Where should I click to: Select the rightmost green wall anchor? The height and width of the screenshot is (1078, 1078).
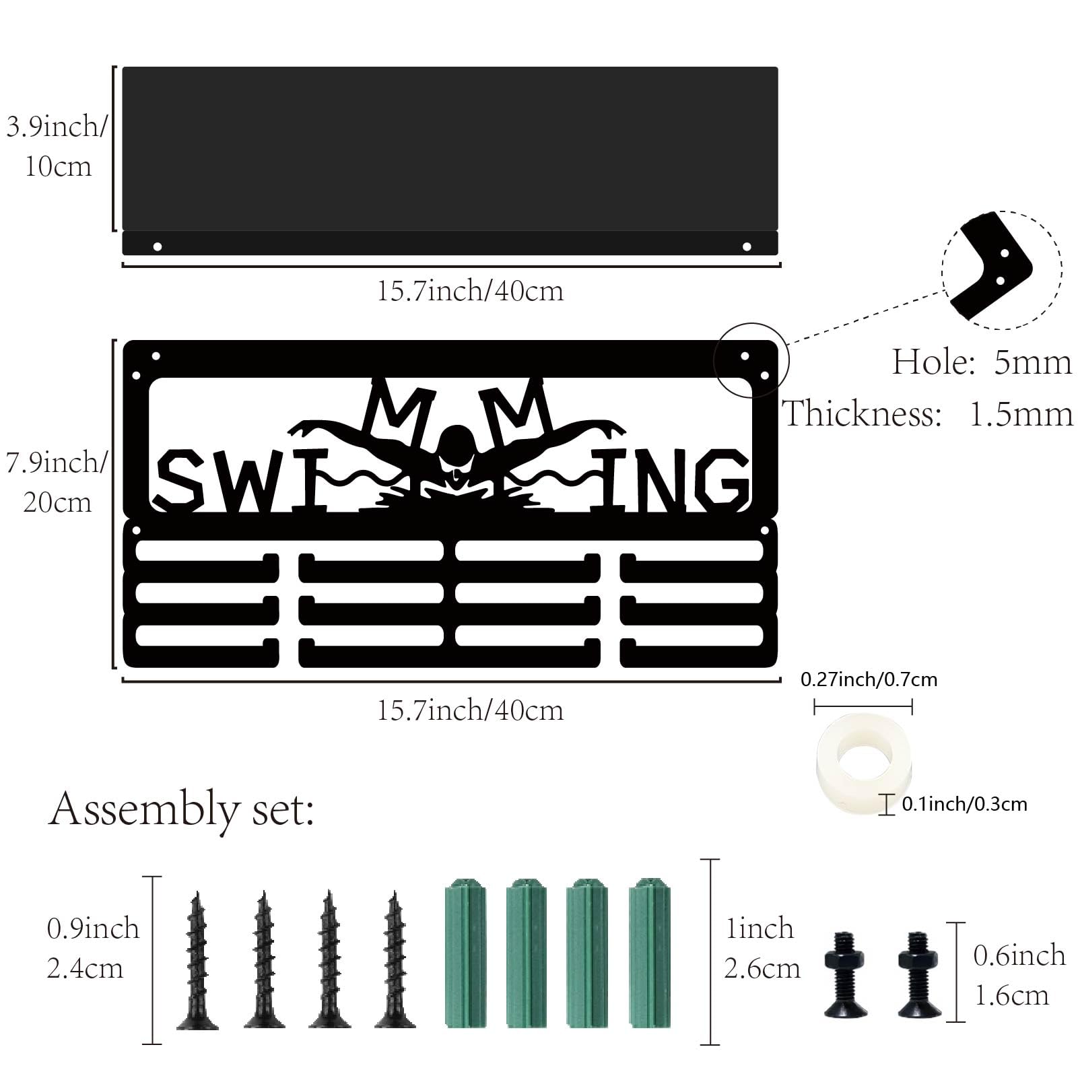point(650,953)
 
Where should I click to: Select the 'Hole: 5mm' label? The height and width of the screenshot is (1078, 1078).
point(982,362)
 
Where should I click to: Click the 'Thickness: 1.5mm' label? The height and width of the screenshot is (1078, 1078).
point(928,413)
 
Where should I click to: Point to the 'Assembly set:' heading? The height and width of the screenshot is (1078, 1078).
point(182,810)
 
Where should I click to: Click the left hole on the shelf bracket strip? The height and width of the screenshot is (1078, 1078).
point(158,246)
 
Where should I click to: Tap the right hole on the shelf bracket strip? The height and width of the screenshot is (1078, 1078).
point(747,246)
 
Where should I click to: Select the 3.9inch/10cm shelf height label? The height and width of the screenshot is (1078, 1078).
point(57,146)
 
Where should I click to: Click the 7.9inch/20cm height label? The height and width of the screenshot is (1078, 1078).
point(57,482)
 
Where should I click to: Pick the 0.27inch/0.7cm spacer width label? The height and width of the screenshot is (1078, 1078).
point(869,679)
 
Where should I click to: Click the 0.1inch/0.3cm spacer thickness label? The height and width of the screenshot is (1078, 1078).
point(964,804)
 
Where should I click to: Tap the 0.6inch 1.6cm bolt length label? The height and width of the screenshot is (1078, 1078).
point(1019,975)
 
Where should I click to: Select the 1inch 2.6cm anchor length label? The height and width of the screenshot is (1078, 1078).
point(762,949)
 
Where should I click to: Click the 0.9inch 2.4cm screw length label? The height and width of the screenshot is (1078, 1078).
point(93,949)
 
